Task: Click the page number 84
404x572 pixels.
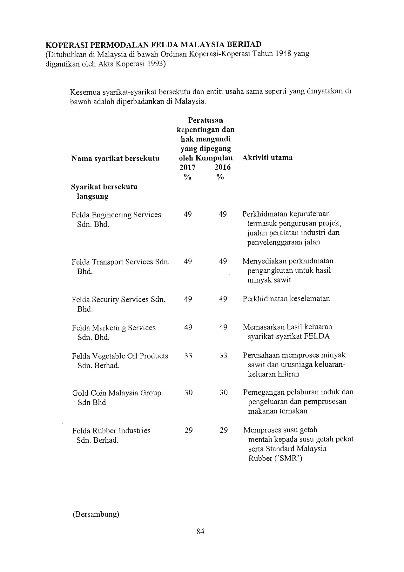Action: [200, 531]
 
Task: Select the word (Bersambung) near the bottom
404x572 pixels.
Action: [96, 514]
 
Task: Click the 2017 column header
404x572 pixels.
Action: [187, 167]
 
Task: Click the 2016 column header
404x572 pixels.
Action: [222, 167]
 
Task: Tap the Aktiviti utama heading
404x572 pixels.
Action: [267, 158]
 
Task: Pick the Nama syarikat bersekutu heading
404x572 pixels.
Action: [115, 158]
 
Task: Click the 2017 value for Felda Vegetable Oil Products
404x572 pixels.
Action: [188, 356]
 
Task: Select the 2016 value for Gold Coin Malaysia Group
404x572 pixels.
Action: [224, 393]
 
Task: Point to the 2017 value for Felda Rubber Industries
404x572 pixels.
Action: [188, 431]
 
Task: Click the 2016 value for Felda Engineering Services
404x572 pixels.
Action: [223, 214]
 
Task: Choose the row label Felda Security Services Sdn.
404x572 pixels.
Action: [118, 300]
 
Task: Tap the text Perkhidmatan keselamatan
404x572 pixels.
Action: [286, 299]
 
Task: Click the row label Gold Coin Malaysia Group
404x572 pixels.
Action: [117, 393]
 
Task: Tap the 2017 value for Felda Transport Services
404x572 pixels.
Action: [188, 261]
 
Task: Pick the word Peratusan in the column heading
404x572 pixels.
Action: [205, 120]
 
